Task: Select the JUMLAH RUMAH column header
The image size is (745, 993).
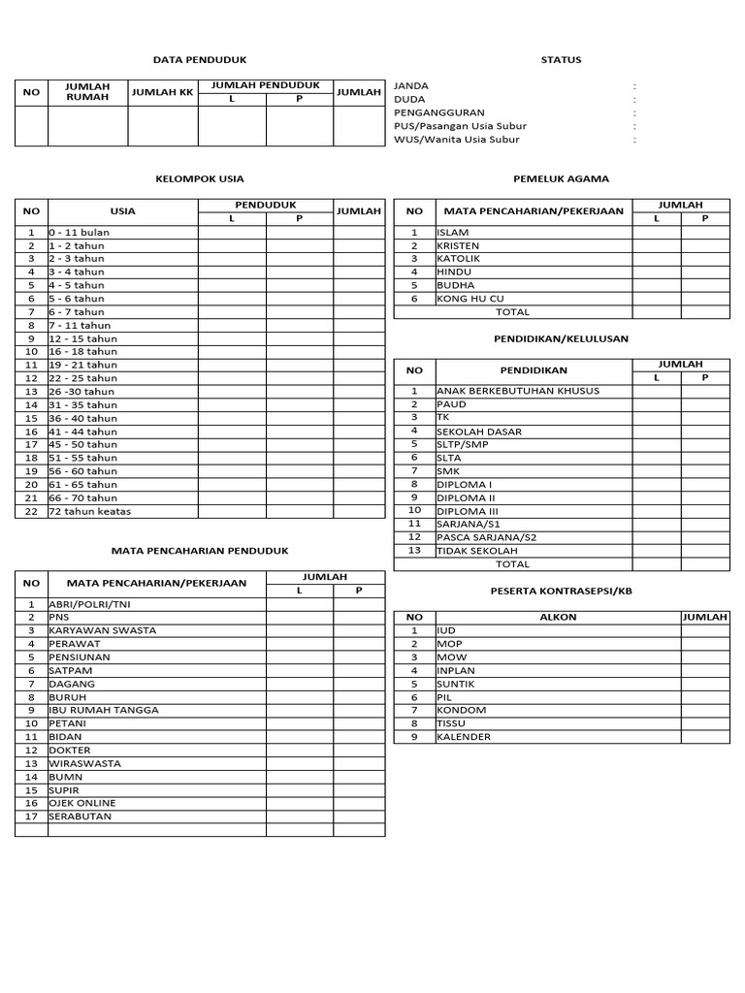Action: pyautogui.click(x=87, y=92)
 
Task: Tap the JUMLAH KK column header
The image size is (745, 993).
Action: pyautogui.click(x=163, y=92)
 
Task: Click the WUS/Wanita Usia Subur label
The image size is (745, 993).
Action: pyautogui.click(x=457, y=140)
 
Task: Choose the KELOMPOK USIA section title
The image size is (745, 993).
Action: pyautogui.click(x=200, y=178)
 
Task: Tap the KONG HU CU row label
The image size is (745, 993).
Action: pyautogui.click(x=470, y=299)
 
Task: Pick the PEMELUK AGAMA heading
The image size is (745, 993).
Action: pyautogui.click(x=562, y=178)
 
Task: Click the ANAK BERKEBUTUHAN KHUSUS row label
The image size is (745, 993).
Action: pyautogui.click(x=518, y=391)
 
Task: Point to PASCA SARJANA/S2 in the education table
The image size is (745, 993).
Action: pyautogui.click(x=486, y=537)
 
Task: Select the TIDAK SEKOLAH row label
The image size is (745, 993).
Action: pyautogui.click(x=477, y=550)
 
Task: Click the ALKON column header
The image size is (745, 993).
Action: pyautogui.click(x=558, y=617)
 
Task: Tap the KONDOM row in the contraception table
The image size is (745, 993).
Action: pyautogui.click(x=462, y=710)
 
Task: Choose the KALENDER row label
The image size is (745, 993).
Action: pyautogui.click(x=464, y=737)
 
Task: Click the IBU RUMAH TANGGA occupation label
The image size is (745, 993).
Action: pyautogui.click(x=104, y=710)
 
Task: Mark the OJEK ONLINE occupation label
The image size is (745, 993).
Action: pyautogui.click(x=82, y=803)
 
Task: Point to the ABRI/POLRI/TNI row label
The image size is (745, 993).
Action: pyautogui.click(x=88, y=603)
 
